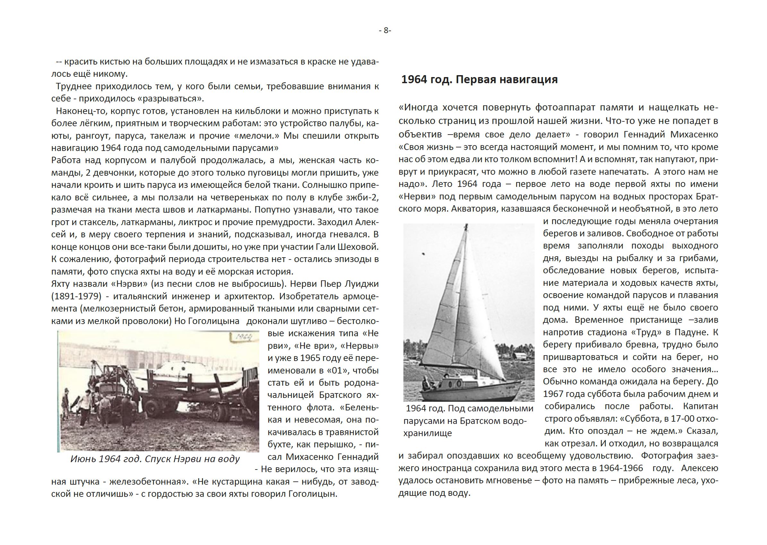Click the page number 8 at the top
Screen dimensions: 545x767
385,31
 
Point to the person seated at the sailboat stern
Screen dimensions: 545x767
426,382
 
